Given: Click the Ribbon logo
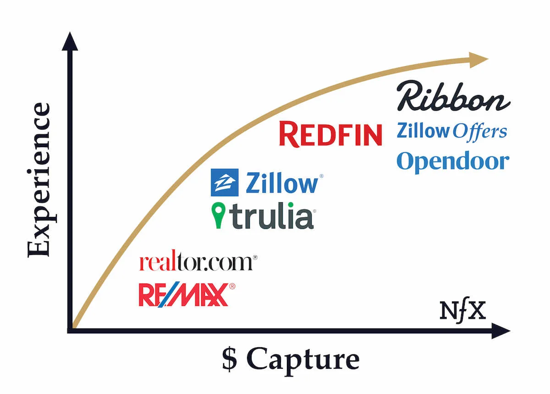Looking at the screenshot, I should click(x=453, y=97).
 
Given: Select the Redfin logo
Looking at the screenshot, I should click(x=330, y=134).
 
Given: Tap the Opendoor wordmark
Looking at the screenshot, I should click(x=453, y=161).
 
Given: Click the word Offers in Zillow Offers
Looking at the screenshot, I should click(x=480, y=131).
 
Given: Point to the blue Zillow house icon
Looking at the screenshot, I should click(x=225, y=183).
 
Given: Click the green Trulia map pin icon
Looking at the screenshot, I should click(x=219, y=216).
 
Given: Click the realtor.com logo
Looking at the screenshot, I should click(x=197, y=263).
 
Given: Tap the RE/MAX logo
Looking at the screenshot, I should click(x=183, y=294).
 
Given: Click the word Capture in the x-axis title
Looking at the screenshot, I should click(x=303, y=359).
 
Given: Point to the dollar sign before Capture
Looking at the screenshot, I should click(x=230, y=359).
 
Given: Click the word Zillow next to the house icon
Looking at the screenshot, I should click(x=281, y=183).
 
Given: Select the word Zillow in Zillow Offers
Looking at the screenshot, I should click(x=423, y=131).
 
